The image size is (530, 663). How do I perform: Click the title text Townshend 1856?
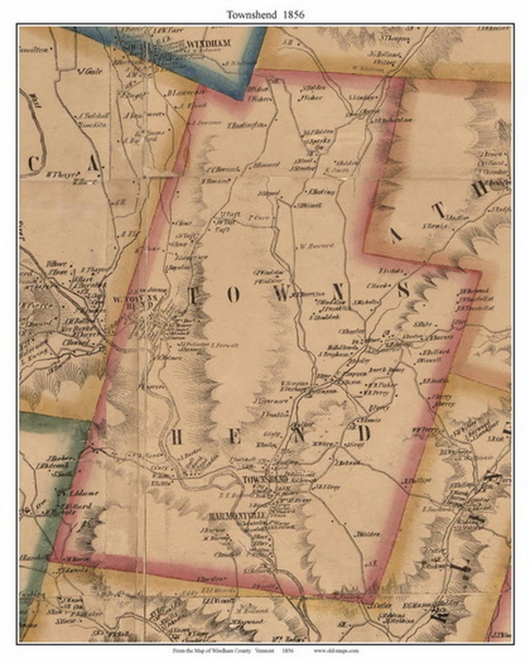point(265,15)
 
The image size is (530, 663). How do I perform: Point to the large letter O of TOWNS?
point(235,295)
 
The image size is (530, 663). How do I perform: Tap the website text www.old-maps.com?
point(335,651)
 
